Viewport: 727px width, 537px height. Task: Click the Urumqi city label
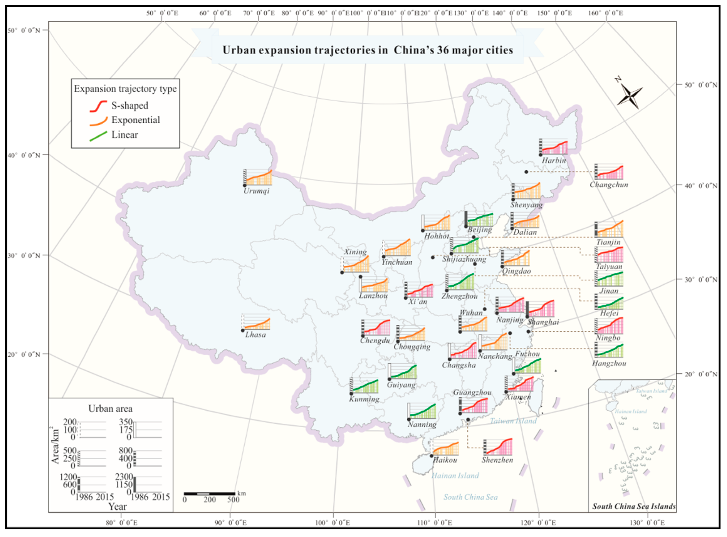[257, 191]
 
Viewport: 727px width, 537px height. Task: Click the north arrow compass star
[630, 96]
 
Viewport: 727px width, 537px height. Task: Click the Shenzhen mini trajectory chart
[498, 447]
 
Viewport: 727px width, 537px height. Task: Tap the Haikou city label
[445, 460]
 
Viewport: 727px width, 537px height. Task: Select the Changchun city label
[609, 185]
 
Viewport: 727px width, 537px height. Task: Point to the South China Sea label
[470, 497]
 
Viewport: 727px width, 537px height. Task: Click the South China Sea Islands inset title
[634, 506]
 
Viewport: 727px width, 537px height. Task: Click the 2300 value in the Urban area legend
[124, 477]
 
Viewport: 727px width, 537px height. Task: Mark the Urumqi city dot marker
[244, 185]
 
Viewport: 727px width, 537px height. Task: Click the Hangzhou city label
[609, 363]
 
